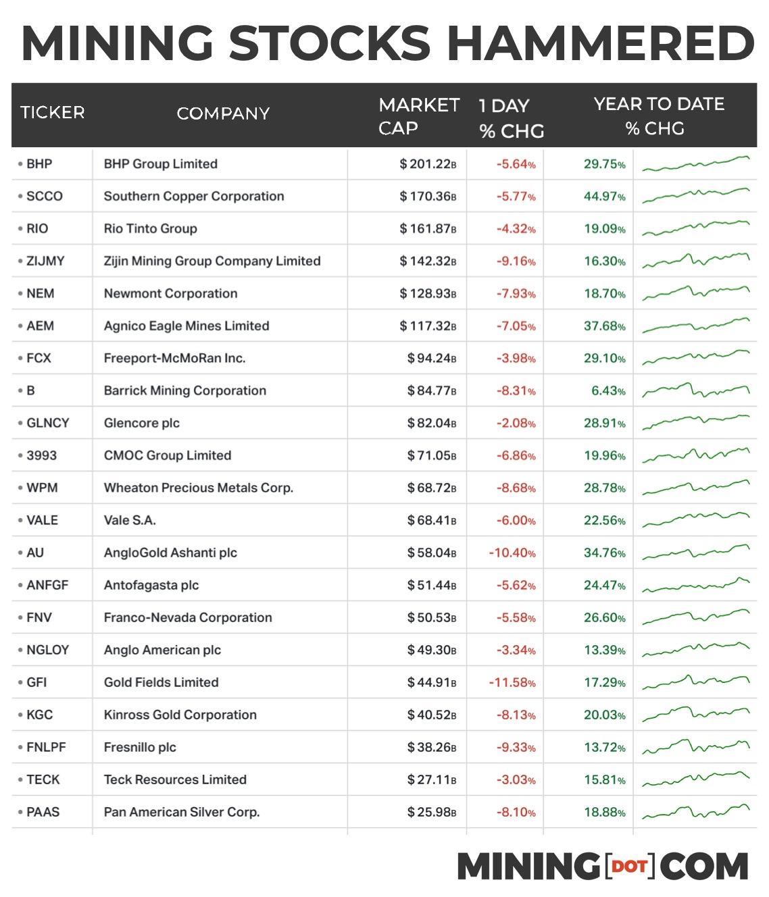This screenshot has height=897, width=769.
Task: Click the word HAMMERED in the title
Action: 600,43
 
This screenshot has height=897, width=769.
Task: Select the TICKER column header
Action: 53,112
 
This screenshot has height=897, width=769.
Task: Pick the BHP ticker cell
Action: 39,164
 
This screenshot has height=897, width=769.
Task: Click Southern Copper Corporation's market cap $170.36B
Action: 428,197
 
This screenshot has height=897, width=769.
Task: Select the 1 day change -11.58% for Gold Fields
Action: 512,683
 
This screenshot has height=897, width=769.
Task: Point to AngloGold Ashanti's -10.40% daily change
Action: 512,553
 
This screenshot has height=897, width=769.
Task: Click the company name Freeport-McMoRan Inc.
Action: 174,359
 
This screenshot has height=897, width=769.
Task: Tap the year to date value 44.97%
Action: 605,197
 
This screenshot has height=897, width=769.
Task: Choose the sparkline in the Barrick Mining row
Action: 695,390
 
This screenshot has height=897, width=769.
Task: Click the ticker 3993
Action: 41,456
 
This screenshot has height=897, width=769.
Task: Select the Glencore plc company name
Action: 142,424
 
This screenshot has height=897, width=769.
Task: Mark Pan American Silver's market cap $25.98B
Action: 432,813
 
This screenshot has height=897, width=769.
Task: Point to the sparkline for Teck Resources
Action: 695,779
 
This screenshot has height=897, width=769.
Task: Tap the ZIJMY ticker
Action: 45,261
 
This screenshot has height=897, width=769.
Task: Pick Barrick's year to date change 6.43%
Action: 608,391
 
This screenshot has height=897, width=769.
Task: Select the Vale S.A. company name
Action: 130,521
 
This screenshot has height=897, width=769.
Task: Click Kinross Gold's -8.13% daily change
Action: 516,715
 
